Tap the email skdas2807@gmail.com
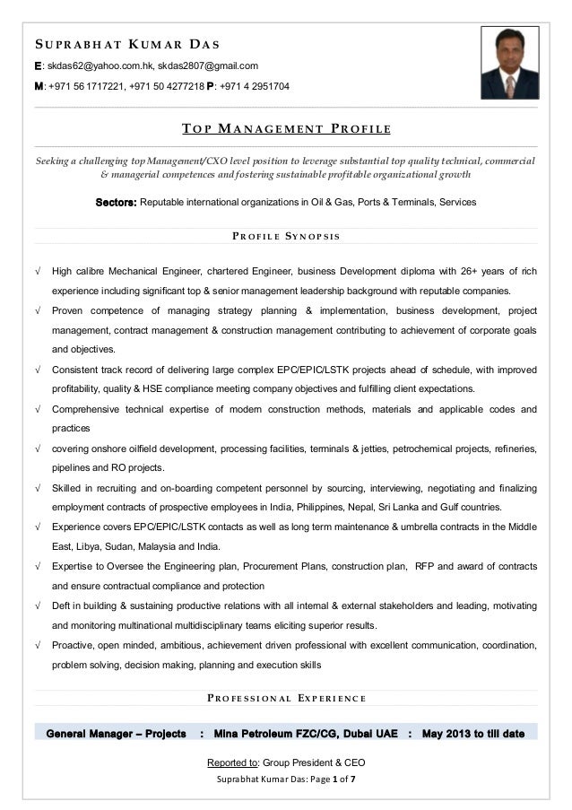coord(209,65)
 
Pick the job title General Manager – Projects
coord(117,733)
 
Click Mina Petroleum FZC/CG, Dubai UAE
coord(306,733)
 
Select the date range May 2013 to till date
coord(472,733)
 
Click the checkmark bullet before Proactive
coord(37,645)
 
